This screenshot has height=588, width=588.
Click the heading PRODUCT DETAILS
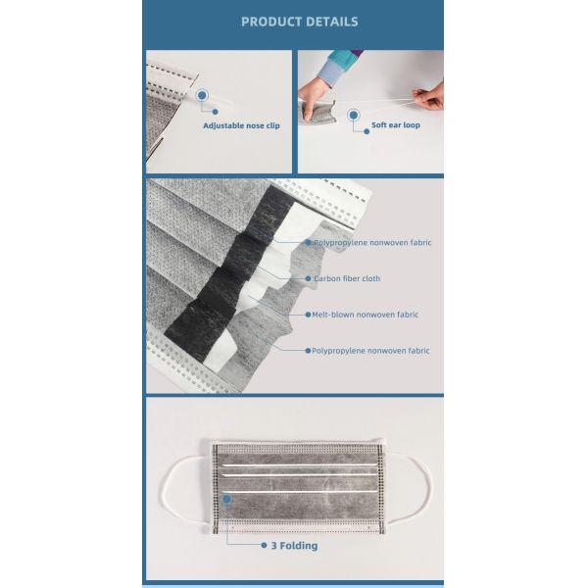[299, 22]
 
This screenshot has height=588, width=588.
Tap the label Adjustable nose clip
[241, 125]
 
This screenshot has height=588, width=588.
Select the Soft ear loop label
[396, 124]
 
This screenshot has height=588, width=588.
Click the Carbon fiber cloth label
[347, 278]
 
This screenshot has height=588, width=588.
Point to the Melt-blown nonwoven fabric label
[366, 315]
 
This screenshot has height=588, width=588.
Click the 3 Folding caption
[294, 546]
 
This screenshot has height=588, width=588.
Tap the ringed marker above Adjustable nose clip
[202, 96]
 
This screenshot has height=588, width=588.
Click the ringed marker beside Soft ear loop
[353, 115]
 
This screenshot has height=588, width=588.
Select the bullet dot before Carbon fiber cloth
[308, 278]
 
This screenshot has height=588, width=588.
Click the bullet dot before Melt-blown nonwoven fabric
[308, 315]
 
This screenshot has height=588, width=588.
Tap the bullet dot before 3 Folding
[264, 545]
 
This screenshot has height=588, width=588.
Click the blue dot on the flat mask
[227, 499]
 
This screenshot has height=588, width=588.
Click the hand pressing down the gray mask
[313, 97]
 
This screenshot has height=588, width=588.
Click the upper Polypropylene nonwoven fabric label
[372, 243]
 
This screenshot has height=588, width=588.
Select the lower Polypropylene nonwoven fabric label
[370, 351]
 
